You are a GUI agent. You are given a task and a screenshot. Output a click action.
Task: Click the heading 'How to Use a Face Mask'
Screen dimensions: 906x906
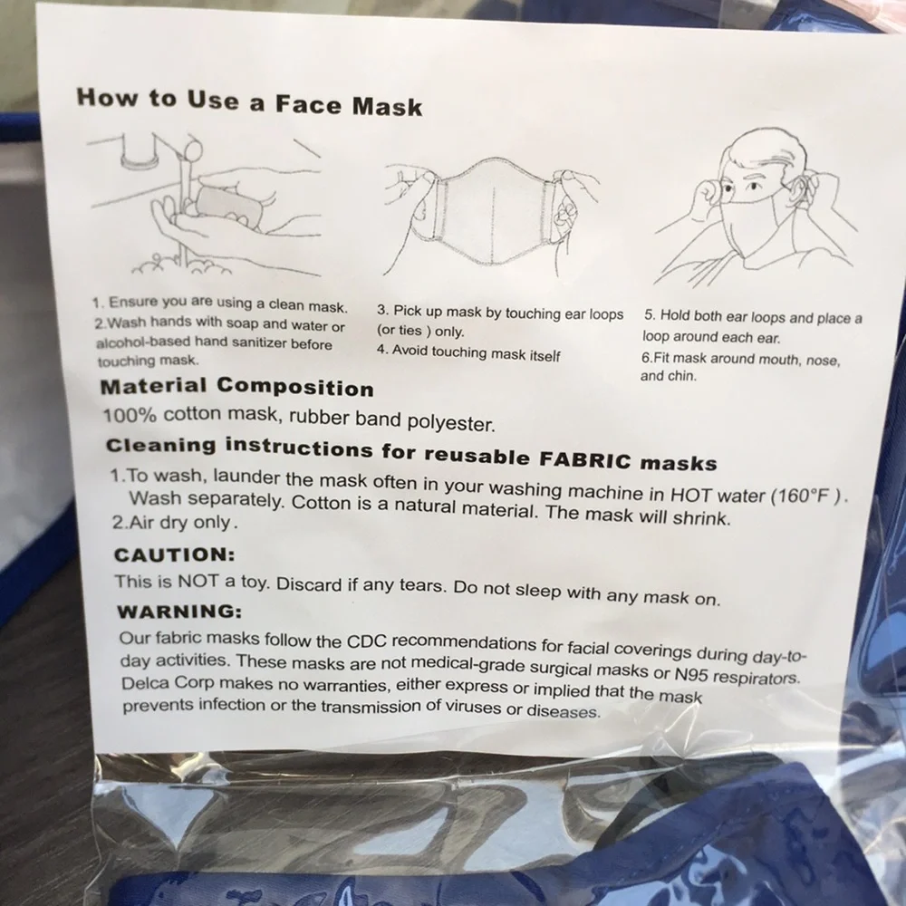click(x=250, y=102)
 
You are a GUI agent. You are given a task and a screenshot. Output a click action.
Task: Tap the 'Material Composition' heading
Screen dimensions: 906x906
click(x=236, y=386)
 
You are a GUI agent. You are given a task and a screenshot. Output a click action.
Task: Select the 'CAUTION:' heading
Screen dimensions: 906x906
click(x=175, y=554)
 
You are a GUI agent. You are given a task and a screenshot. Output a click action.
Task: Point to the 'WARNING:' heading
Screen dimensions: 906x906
click(x=179, y=611)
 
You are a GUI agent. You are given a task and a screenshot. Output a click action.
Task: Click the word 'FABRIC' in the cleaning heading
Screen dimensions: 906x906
click(x=584, y=459)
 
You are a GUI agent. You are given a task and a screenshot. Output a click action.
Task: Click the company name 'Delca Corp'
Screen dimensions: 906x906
click(x=168, y=682)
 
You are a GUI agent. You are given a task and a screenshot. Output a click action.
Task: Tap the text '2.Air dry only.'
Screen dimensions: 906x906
click(x=175, y=523)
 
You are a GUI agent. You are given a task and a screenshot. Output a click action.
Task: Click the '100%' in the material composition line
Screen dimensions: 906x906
click(x=130, y=415)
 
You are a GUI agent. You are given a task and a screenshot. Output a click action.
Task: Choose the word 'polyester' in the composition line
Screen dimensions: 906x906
click(x=451, y=423)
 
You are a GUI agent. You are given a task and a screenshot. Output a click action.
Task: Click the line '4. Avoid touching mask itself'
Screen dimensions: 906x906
click(x=468, y=352)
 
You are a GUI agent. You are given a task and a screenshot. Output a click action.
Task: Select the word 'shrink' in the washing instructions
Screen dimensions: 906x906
click(x=701, y=517)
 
